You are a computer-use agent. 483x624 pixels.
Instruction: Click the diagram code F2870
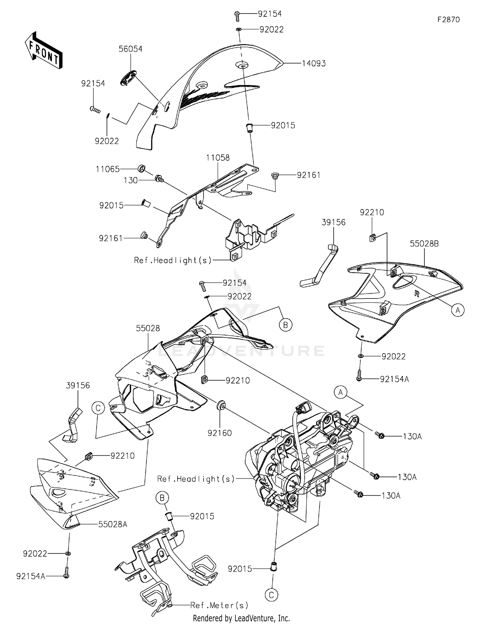click(x=448, y=20)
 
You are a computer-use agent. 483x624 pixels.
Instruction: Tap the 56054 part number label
click(x=130, y=49)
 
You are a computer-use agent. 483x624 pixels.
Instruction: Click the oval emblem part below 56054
click(x=128, y=78)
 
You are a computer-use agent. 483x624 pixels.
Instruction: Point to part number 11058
click(x=218, y=158)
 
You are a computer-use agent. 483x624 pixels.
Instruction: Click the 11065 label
click(x=108, y=169)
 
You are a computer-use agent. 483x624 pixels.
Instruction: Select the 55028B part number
click(x=424, y=244)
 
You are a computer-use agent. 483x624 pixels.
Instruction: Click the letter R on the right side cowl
click(x=417, y=293)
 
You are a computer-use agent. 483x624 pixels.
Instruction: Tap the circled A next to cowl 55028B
click(x=458, y=310)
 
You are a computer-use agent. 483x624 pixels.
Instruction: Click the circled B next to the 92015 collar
click(x=162, y=498)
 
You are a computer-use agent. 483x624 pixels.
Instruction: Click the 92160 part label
click(x=220, y=433)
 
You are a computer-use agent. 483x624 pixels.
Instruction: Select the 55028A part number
click(x=113, y=524)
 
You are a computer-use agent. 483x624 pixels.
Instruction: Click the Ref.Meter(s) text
click(x=219, y=605)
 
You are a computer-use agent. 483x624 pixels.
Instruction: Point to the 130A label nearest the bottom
click(x=391, y=496)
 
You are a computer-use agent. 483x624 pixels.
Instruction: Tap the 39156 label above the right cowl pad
click(x=334, y=222)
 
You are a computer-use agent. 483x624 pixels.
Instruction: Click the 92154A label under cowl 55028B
click(x=394, y=379)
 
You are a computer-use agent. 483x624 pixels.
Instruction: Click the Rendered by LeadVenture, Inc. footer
click(x=241, y=618)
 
